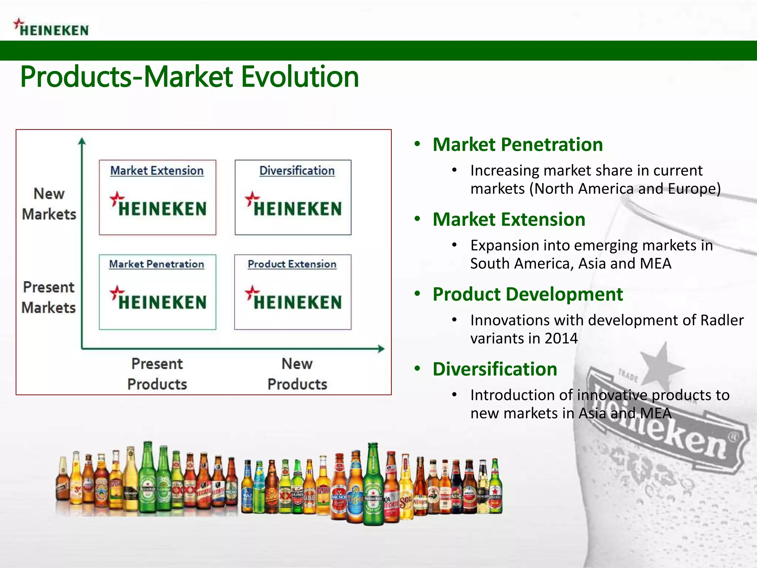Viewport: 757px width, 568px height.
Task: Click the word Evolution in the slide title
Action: [x=300, y=77]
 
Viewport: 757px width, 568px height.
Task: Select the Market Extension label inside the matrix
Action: [x=157, y=170]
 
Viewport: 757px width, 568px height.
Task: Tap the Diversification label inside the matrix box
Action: [x=297, y=170]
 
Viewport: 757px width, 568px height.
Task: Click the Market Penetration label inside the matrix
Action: [x=156, y=264]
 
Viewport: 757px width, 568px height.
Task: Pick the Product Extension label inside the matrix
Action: [x=292, y=264]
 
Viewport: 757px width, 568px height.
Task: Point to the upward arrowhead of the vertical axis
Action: [x=82, y=141]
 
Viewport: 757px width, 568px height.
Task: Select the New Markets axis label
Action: [x=49, y=204]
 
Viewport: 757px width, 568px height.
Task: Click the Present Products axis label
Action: [x=157, y=373]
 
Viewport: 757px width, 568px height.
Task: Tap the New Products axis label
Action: [x=297, y=373]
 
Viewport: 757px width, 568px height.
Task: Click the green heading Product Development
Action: [x=527, y=294]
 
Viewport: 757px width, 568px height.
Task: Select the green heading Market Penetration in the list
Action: [x=517, y=144]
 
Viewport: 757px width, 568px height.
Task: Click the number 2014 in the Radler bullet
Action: [x=561, y=338]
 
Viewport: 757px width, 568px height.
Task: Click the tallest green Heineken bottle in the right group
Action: [x=373, y=484]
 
